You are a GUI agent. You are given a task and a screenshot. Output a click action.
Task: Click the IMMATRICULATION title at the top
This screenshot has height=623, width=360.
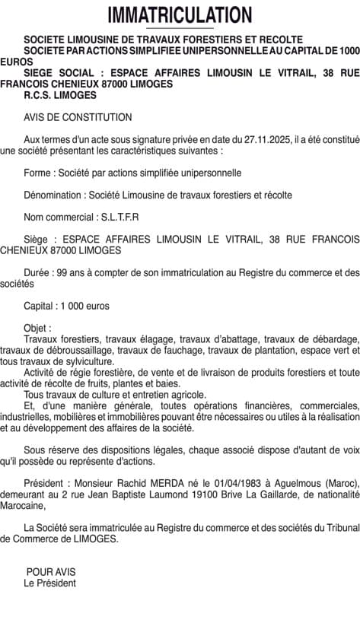(x=180, y=14)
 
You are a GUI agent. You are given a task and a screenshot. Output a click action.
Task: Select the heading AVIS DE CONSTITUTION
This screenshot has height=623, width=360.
(x=78, y=117)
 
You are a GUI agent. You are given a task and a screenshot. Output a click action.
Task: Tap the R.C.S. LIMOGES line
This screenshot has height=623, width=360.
(x=60, y=95)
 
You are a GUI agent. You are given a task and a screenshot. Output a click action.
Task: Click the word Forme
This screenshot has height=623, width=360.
(x=37, y=173)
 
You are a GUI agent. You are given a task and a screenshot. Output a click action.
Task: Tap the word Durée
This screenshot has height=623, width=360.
(x=37, y=272)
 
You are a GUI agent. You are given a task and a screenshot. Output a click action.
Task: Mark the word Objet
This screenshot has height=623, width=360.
(x=37, y=328)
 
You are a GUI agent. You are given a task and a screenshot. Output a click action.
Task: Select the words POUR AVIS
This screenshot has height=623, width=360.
(x=51, y=571)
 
